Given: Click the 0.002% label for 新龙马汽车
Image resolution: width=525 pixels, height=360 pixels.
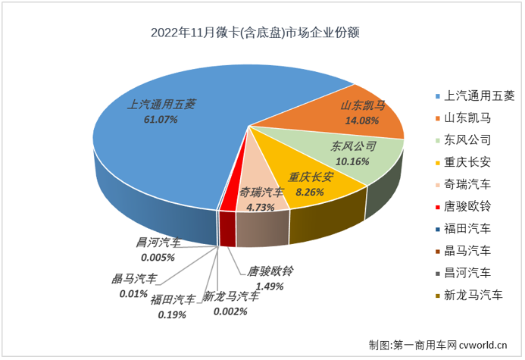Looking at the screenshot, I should click(x=226, y=310).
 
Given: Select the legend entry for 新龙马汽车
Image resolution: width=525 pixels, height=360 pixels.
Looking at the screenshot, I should click(x=471, y=295).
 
